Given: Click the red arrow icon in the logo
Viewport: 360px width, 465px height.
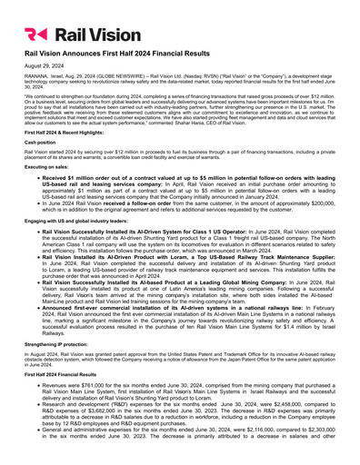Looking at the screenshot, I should coord(35,35).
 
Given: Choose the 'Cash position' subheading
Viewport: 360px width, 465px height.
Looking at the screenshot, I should coord(40,160).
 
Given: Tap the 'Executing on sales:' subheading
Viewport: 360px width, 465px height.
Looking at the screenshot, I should coord(47,183).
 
